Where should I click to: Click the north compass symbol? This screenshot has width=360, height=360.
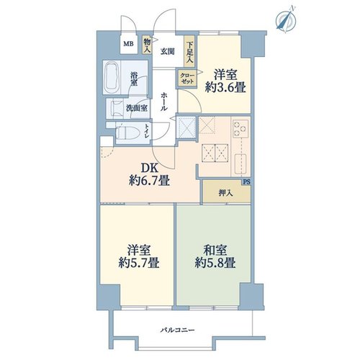[x=286, y=19]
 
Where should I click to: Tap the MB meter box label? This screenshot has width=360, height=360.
[x=129, y=44]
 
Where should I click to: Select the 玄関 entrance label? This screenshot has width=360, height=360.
[x=167, y=51]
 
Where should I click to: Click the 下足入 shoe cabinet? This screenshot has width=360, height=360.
[x=190, y=51]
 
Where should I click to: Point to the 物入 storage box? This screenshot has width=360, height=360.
[x=147, y=45]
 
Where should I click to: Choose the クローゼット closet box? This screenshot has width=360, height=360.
[x=187, y=78]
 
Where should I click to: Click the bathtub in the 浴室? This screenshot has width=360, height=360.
[x=112, y=78]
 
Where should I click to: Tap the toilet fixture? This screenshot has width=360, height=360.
[x=127, y=132]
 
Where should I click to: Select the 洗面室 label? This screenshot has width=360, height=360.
[x=137, y=108]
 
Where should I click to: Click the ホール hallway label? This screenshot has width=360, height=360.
[x=163, y=101]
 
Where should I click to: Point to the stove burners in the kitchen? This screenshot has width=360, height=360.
[x=240, y=128]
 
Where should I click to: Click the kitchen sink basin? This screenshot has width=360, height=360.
[x=240, y=164]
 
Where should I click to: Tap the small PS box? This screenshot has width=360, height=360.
[x=246, y=182]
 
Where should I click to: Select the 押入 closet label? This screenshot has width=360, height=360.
[x=226, y=193]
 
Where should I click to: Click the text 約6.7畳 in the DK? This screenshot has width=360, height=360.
[x=149, y=181]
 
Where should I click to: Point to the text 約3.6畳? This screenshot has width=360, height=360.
[x=225, y=88]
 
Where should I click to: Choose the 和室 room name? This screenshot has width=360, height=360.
[x=215, y=251]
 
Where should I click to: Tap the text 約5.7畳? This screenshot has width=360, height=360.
[x=139, y=263]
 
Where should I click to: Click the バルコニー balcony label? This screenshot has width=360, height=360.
[x=177, y=330]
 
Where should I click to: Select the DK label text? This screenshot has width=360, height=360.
[x=149, y=168]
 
